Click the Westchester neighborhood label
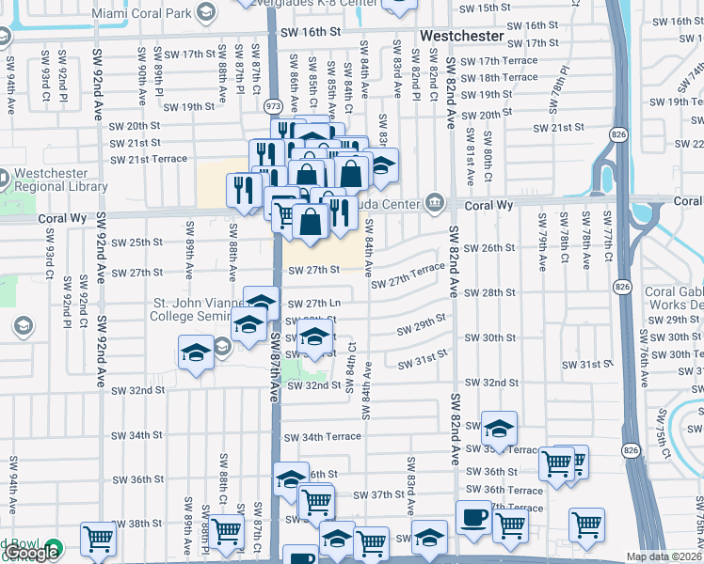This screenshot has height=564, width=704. (x=461, y=36)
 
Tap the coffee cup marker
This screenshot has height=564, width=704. (x=472, y=517)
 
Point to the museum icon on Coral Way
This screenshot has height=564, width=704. (x=435, y=202)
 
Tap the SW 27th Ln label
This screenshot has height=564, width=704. (x=313, y=304)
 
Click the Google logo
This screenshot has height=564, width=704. (x=31, y=553)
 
